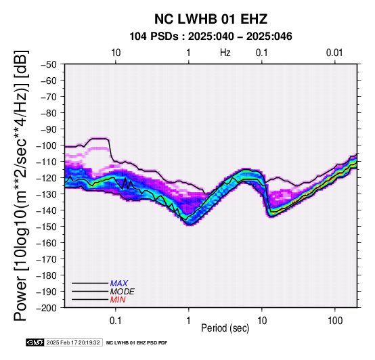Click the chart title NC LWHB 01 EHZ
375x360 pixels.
click(211, 19)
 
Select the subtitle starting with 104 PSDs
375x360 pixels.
click(211, 37)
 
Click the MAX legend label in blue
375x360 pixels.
click(119, 284)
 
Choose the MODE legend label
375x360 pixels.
click(123, 292)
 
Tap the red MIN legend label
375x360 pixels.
click(118, 300)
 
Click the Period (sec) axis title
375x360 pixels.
click(225, 328)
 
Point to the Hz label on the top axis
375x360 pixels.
click(225, 53)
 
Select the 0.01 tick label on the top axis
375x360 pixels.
click(334, 53)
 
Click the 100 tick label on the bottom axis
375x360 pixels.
click(335, 321)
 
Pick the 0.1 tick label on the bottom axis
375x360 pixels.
click(116, 321)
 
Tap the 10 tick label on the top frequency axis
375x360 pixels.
click(116, 53)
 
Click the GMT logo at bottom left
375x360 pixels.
click(35, 342)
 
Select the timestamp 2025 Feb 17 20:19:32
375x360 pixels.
click(73, 342)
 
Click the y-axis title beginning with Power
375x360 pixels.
click(20, 185)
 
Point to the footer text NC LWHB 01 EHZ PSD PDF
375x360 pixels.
click(137, 343)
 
